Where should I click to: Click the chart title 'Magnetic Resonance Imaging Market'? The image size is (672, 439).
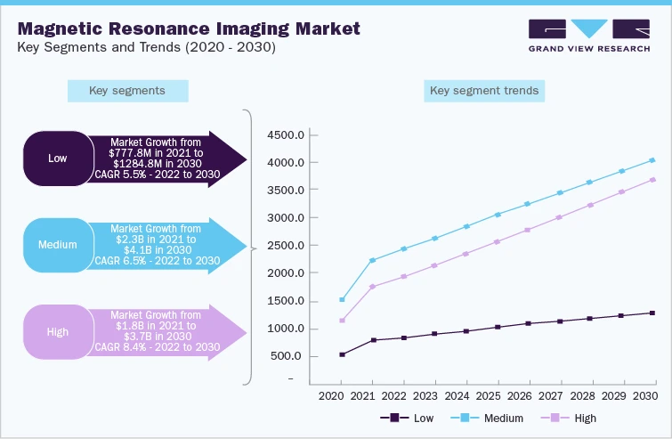[x=189, y=28]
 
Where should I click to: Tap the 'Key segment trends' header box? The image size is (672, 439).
[x=483, y=91]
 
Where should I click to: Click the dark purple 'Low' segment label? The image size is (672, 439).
[x=57, y=159]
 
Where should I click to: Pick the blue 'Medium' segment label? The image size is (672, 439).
[x=57, y=244]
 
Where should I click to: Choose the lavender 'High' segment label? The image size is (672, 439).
[x=57, y=331]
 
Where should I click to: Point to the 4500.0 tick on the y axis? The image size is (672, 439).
[x=287, y=135]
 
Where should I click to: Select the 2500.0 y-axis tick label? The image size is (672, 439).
[x=287, y=246]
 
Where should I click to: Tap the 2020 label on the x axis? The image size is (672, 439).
[x=330, y=394]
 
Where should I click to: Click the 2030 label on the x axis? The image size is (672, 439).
[x=644, y=394]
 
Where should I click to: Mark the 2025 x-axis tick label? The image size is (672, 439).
[x=487, y=394]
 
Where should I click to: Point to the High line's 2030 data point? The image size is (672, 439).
[x=652, y=179]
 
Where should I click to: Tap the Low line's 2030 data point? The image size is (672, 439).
[x=652, y=313]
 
